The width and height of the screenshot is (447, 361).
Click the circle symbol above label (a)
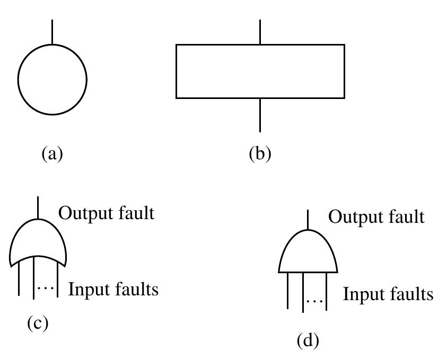[52, 80]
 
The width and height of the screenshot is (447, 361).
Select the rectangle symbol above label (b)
[260, 71]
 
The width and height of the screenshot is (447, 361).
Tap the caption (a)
[52, 154]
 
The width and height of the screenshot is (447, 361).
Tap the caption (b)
[260, 154]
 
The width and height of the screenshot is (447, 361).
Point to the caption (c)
[38, 323]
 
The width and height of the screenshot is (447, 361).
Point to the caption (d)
[308, 341]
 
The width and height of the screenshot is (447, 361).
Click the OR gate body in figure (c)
[38, 241]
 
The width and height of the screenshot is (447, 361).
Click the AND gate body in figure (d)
[308, 253]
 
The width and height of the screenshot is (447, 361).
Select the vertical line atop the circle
[52, 32]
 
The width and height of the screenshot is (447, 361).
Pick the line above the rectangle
[260, 32]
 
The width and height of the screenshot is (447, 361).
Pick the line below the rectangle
[260, 115]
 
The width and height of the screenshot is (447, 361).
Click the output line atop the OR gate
[38, 206]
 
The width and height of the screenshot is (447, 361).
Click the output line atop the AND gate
[308, 219]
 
